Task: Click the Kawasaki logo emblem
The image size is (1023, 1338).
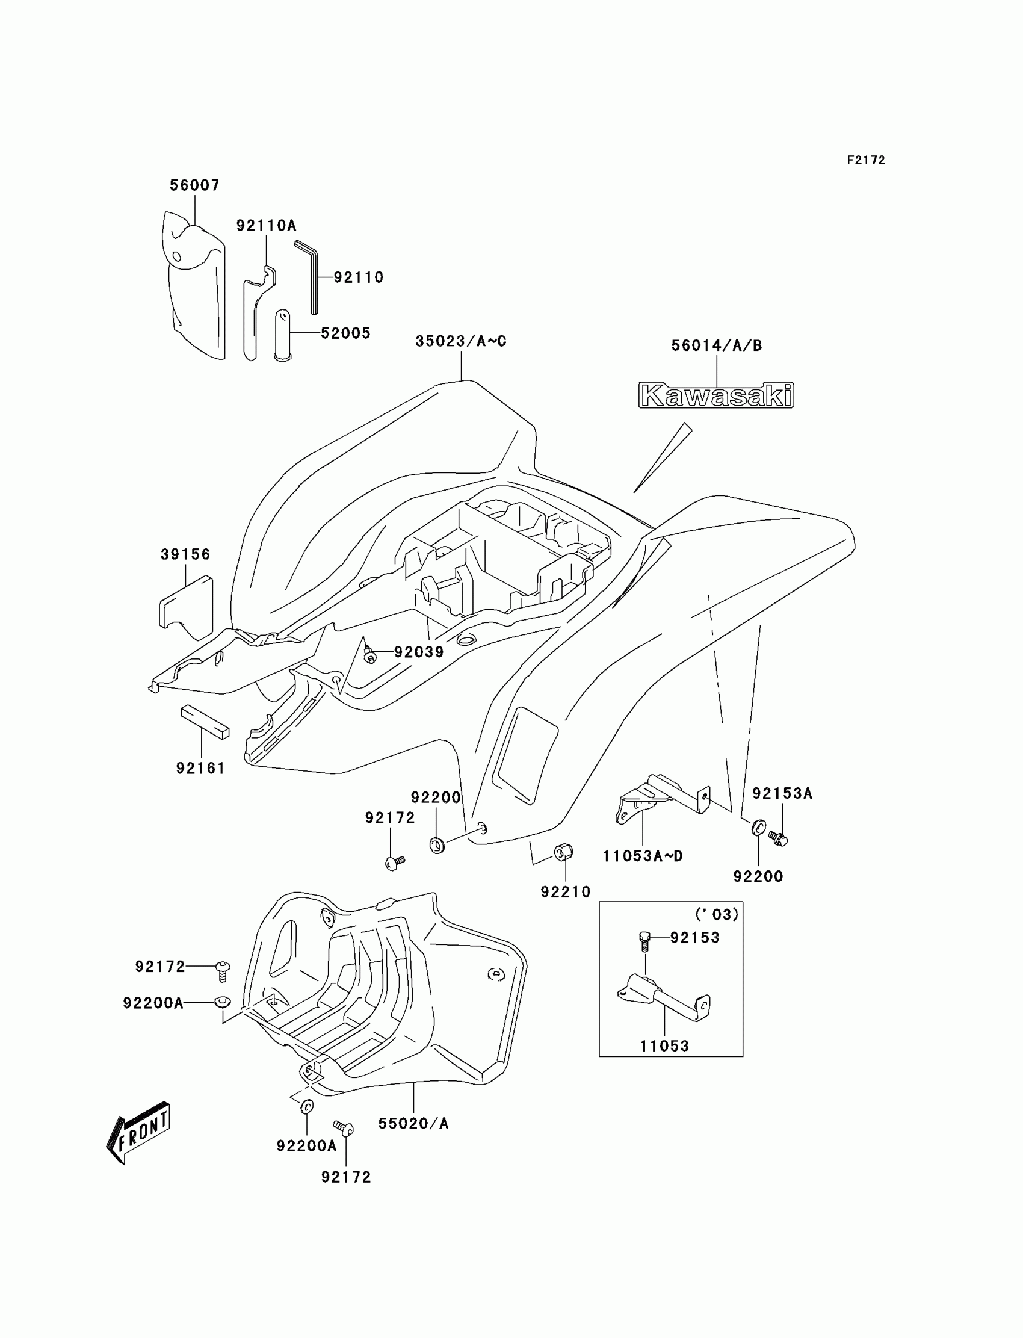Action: [x=716, y=396]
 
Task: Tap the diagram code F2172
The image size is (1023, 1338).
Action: [x=865, y=160]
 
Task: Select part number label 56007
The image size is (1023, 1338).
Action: [x=194, y=185]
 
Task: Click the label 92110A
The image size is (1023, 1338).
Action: [x=266, y=226]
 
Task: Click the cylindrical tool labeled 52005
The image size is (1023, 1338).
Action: [x=283, y=335]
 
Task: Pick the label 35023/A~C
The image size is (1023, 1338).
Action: [x=460, y=341]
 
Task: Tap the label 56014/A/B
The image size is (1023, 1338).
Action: [x=716, y=345]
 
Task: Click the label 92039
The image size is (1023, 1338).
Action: [x=419, y=652]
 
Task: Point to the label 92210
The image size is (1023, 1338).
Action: [x=566, y=891]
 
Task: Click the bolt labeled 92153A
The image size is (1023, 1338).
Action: [x=778, y=838]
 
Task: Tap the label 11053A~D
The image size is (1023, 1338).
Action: [x=643, y=856]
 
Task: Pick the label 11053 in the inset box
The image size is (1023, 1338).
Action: [x=664, y=1046]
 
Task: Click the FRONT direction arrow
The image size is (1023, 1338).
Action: [x=139, y=1133]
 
